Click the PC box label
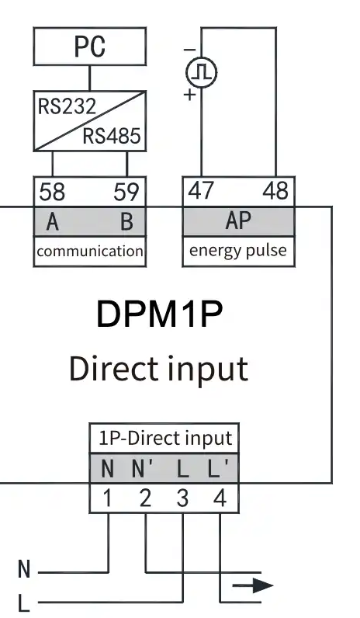90,46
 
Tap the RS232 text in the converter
67,106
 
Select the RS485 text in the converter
112,136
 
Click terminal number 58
52,192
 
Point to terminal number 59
126,192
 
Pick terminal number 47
201,191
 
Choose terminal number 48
275,191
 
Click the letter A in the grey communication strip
53,221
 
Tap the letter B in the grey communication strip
126,221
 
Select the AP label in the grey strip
238,220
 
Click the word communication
90,251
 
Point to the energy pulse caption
238,251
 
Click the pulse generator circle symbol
201,72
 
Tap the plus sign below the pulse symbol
190,95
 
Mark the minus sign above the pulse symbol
189,50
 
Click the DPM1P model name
160,314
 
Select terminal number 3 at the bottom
182,498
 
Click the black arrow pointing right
253,585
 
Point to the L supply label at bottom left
24,603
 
